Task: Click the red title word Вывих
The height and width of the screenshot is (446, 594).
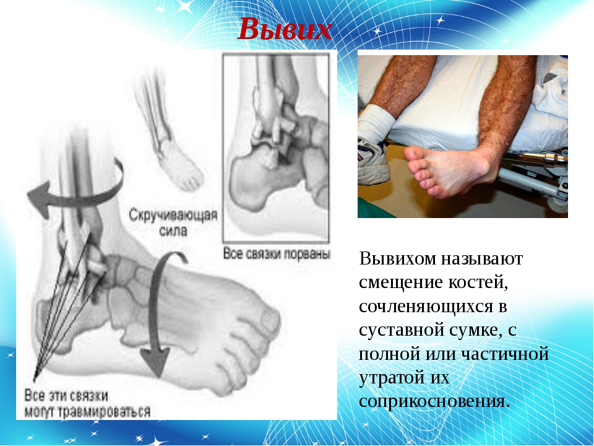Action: click(285, 29)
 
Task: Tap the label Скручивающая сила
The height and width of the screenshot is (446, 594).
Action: click(173, 222)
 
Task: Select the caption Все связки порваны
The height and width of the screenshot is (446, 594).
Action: click(277, 253)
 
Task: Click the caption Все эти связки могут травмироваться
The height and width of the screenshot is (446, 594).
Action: click(87, 403)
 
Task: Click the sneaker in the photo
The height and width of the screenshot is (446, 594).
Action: click(372, 161)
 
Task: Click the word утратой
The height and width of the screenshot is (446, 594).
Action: click(390, 378)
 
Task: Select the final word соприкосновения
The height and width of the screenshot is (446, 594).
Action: click(434, 401)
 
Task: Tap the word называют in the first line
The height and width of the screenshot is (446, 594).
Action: click(482, 259)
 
